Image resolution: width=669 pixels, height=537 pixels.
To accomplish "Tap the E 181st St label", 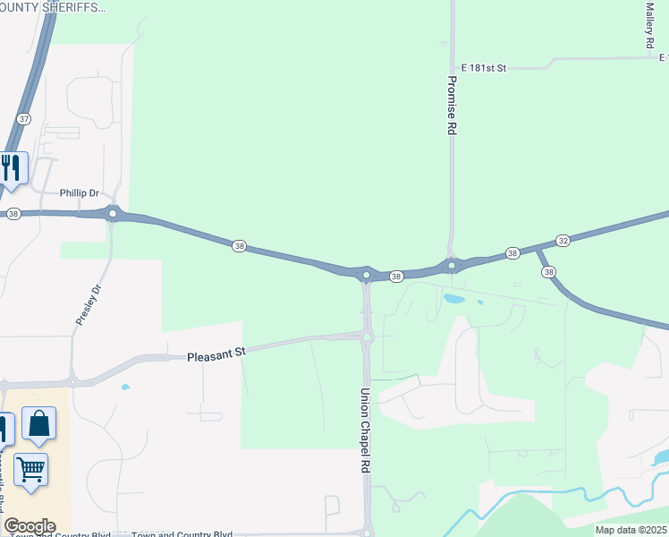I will click(x=484, y=67).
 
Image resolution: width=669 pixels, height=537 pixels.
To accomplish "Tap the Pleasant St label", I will click(x=216, y=355).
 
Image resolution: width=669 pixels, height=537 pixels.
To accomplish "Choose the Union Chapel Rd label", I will click(x=365, y=430).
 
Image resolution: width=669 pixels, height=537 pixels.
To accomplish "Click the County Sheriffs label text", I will click(x=54, y=7).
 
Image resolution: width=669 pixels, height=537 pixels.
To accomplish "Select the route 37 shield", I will click(x=24, y=118).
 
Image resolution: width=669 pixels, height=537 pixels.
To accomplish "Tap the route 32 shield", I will click(x=563, y=241).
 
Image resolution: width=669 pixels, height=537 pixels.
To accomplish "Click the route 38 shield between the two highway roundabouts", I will click(x=396, y=277).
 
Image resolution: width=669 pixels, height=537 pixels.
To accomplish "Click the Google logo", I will click(x=30, y=526).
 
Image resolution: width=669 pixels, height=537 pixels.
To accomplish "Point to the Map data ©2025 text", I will click(x=630, y=530).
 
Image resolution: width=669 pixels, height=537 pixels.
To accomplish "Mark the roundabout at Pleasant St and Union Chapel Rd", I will click(x=367, y=337).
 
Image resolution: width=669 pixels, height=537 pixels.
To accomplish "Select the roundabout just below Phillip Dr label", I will click(x=113, y=213).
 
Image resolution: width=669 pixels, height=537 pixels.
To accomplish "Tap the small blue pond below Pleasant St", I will click(x=124, y=387).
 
